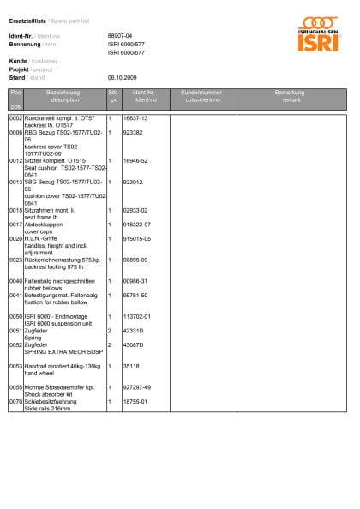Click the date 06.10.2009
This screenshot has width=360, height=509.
coord(121,77)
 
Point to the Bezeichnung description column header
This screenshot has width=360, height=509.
coord(64,95)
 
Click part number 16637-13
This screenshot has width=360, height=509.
coord(136,117)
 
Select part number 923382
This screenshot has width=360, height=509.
coord(133,133)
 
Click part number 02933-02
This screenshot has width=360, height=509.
coord(136,210)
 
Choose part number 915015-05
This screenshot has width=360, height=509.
coord(137,238)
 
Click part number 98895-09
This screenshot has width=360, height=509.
coord(136,259)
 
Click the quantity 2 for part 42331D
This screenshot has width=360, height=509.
coord(109,330)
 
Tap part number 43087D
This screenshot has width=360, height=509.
coord(134,344)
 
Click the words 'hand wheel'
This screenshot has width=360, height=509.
coord(39,372)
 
